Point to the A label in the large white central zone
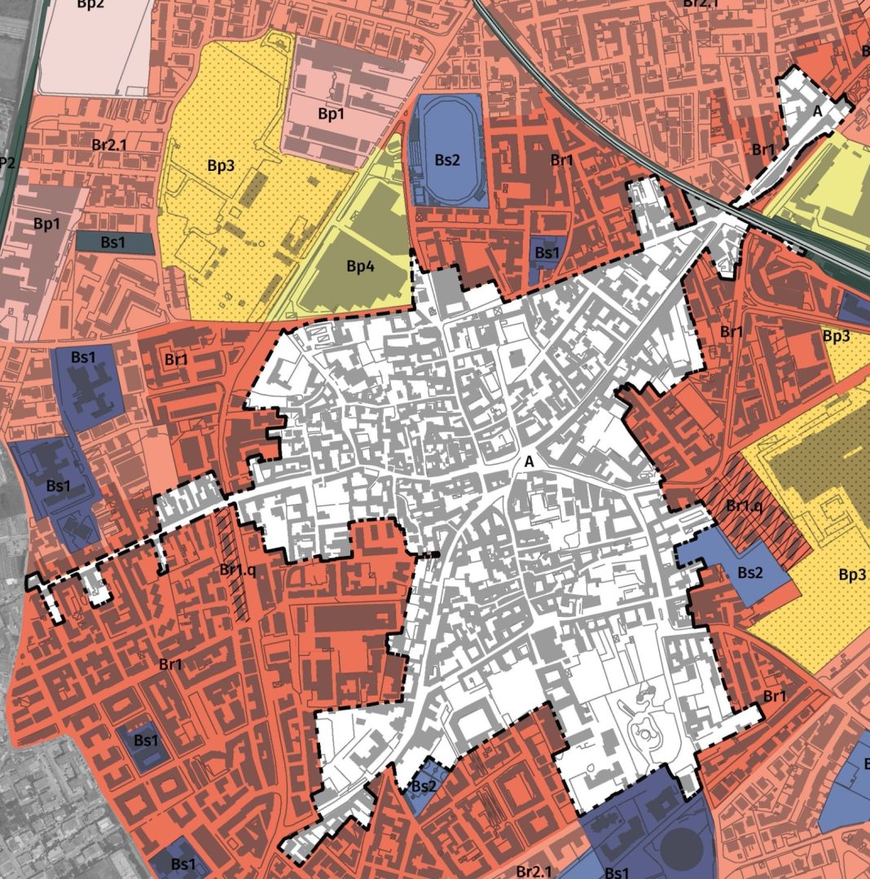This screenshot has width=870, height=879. (x=529, y=461)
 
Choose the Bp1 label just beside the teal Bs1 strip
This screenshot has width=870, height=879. (x=46, y=222)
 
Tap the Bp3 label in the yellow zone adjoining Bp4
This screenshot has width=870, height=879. (x=221, y=165)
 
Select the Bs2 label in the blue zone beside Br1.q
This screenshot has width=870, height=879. (x=750, y=572)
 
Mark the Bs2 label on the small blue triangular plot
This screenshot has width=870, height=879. (x=424, y=785)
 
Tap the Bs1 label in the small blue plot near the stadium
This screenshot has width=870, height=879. (x=547, y=253)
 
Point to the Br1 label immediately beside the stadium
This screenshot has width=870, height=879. (x=562, y=160)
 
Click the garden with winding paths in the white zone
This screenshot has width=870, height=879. (x=644, y=728)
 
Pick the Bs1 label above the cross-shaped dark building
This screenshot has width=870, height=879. (x=83, y=356)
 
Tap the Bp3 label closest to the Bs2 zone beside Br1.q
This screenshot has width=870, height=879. (x=851, y=575)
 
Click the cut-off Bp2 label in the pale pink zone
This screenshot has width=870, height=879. (x=91, y=4)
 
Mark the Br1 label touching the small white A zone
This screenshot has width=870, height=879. (x=763, y=149)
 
